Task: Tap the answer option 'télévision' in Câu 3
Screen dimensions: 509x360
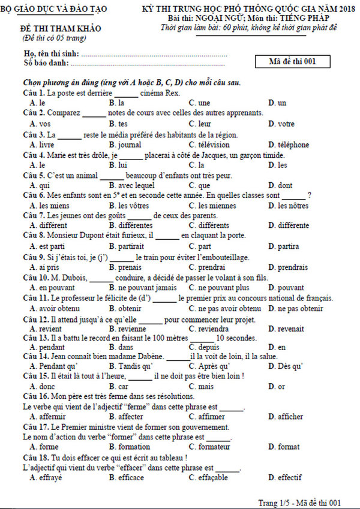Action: click(213, 144)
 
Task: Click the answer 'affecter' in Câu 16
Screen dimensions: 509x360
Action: click(131, 417)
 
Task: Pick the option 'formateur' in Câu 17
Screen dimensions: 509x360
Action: click(214, 447)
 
